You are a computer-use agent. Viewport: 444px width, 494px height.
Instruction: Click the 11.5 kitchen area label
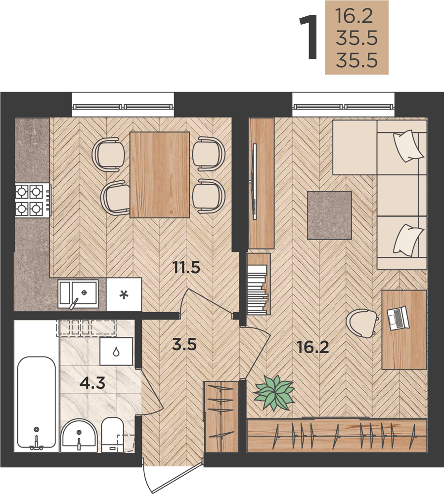[x=186, y=268]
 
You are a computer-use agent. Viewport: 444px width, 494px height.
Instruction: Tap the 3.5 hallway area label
[x=184, y=344]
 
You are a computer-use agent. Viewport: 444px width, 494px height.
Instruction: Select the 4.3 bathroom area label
[x=92, y=383]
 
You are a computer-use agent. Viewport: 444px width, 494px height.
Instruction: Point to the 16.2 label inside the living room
[x=313, y=347]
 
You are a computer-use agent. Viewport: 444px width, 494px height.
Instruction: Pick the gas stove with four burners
[x=33, y=201]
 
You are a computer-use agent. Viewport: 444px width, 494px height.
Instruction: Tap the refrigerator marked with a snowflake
[x=124, y=294]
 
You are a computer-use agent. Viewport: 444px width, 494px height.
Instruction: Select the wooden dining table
[x=160, y=175]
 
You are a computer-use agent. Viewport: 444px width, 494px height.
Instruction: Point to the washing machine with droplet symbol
[x=116, y=351]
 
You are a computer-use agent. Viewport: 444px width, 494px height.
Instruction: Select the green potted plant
[x=274, y=393]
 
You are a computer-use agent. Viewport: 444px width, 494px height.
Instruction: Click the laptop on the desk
[x=398, y=319]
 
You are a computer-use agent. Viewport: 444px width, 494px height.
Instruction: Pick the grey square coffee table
[x=329, y=215]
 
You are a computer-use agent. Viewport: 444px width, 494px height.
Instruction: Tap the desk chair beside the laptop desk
[x=361, y=323]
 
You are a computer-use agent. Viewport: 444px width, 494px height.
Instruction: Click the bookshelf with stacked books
[x=259, y=284]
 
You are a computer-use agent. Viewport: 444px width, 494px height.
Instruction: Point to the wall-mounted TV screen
[x=253, y=182]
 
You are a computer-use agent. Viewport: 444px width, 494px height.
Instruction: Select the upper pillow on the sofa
[x=408, y=146]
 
